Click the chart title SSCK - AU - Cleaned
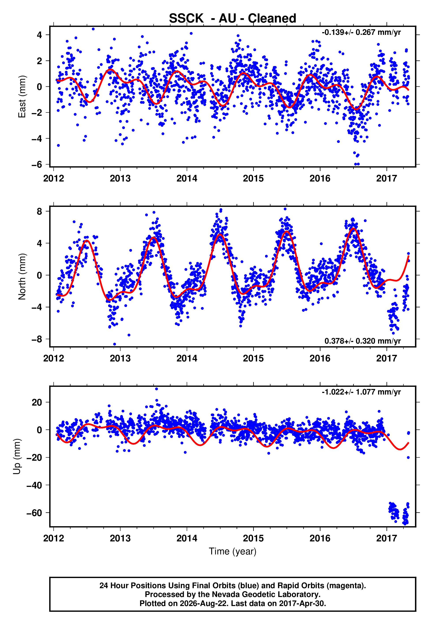coord(233,19)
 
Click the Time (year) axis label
coord(233,551)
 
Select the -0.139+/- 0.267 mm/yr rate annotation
coord(361,32)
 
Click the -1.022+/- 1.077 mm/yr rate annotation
coord(361,392)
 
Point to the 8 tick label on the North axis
coord(40,211)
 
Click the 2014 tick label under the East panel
coord(187,178)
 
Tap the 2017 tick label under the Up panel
coord(386,538)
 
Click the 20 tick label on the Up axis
coord(37,402)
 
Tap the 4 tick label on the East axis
coord(40,35)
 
